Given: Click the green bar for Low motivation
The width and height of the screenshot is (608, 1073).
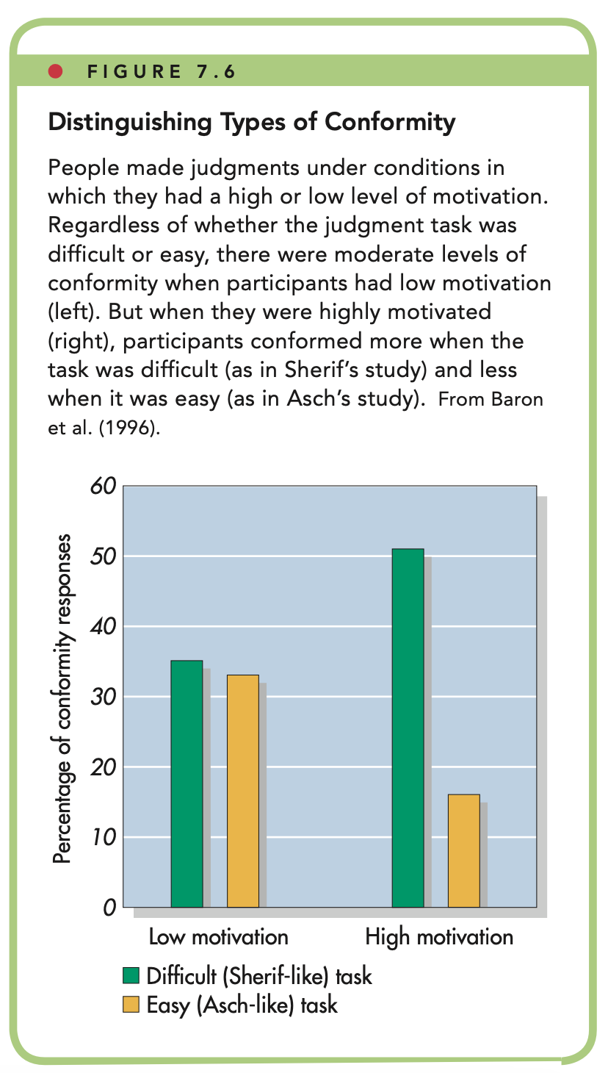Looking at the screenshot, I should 187,783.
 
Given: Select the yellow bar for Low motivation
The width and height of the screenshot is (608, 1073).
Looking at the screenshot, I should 242,791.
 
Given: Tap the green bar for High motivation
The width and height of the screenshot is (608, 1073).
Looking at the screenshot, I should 408,728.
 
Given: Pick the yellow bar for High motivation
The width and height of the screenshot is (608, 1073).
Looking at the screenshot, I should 463,850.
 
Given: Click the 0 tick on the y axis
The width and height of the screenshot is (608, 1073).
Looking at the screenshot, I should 109,908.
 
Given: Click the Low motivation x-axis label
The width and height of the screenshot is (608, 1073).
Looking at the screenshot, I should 218,937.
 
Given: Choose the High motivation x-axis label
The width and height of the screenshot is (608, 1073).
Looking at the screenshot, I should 439,937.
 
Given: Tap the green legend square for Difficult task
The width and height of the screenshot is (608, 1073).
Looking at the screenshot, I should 130,976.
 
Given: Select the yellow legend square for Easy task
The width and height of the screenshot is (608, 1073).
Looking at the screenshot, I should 130,1004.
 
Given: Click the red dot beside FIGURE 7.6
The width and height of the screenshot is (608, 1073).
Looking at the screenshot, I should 54,72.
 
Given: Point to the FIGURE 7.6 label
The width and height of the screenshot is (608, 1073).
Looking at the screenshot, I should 161,73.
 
